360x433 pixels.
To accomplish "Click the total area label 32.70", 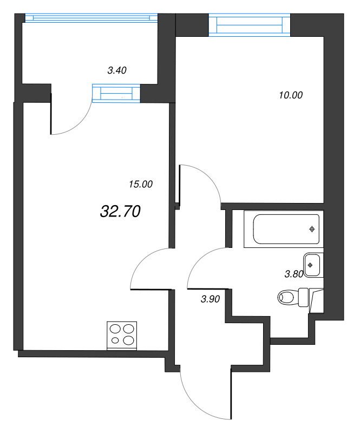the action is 120,212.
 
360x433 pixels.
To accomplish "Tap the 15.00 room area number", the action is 141,184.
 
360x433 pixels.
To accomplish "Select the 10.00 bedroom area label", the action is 291,95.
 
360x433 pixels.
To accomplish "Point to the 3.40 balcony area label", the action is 117,70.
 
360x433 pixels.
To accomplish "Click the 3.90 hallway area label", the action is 210,299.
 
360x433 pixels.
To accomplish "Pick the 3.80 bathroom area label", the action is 294,274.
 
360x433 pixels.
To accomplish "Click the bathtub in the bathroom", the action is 284,229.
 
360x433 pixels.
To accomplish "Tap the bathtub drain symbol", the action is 312,229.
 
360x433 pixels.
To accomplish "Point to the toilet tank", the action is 303,297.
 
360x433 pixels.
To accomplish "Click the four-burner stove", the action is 122,335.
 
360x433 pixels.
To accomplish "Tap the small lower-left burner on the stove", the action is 115,340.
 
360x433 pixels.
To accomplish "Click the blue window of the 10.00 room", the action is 250,25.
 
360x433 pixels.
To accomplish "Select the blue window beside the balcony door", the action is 116,93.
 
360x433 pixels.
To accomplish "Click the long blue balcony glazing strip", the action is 91,18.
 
